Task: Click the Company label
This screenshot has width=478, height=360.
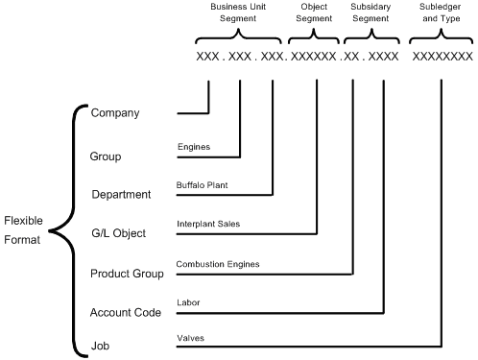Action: [115, 113]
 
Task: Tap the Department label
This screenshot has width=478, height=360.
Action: [122, 195]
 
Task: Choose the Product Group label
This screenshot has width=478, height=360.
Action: [127, 274]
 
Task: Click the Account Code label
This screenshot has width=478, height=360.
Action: [126, 313]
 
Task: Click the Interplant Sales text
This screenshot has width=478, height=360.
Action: [208, 224]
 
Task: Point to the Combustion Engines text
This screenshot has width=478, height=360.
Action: [218, 263]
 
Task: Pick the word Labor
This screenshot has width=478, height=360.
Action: [188, 301]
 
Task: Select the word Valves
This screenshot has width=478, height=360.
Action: [190, 339]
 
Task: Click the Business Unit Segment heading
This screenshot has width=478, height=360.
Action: [238, 12]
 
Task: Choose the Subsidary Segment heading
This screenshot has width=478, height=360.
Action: [370, 12]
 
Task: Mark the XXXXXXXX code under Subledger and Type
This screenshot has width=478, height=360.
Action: [442, 57]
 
